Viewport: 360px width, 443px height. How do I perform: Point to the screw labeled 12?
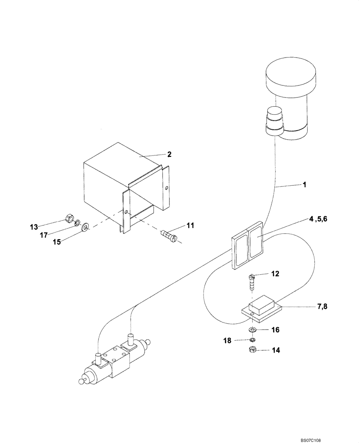(252, 282)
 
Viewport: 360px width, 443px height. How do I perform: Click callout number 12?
(275, 274)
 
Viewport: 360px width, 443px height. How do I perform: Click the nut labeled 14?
(250, 350)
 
